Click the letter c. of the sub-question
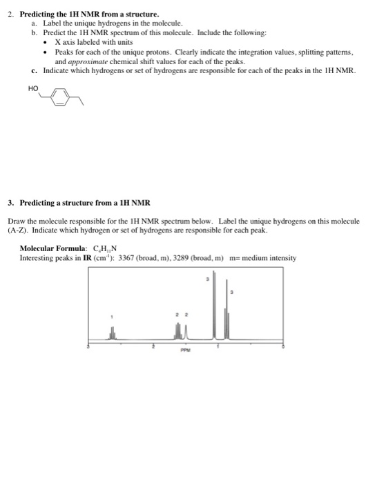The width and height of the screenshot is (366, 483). tap(35, 70)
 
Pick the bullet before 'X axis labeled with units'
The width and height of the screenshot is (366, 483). tap(45, 42)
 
